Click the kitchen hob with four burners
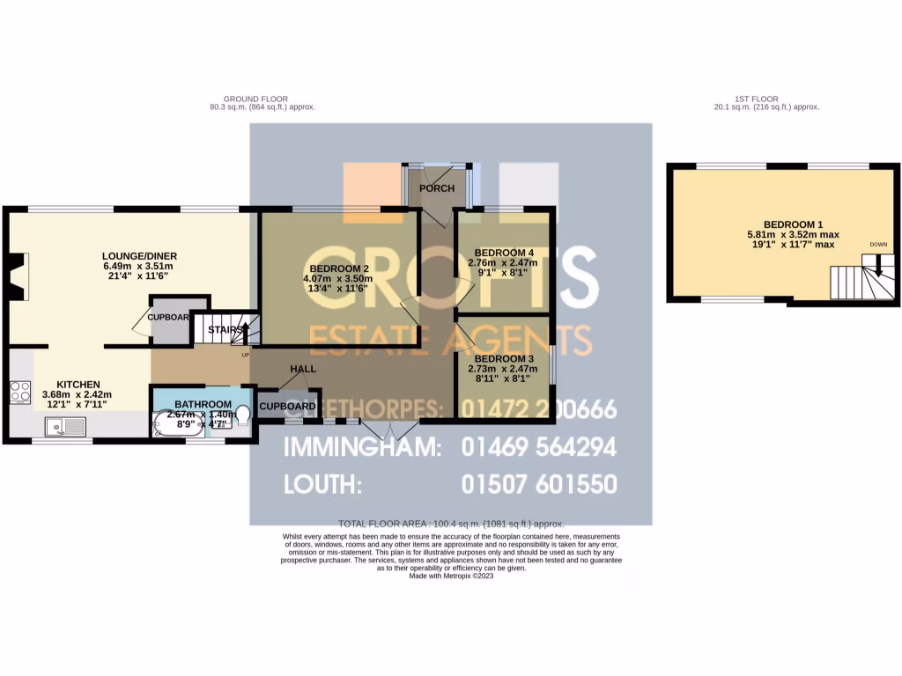click(20, 393)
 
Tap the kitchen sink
click(67, 428)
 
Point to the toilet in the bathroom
click(242, 415)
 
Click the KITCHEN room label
click(78, 385)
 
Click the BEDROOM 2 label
click(337, 268)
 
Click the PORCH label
click(437, 188)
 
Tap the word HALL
click(304, 370)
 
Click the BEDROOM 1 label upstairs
click(767, 224)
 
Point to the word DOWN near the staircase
click(878, 245)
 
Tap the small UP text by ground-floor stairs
click(245, 356)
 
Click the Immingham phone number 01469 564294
click(538, 447)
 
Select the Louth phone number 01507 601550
click(538, 484)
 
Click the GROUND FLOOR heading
click(255, 99)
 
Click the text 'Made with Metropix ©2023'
click(450, 576)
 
